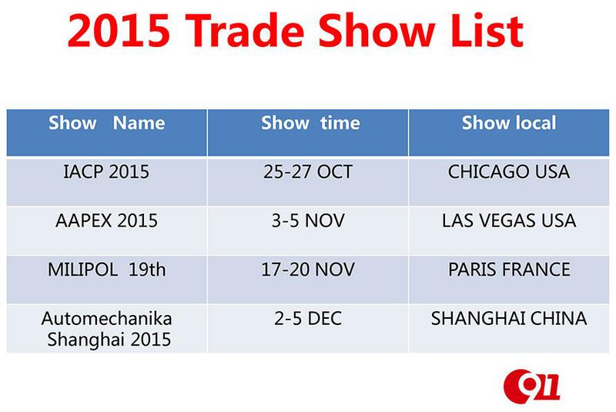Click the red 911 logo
tap(531, 387)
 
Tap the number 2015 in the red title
tap(119, 31)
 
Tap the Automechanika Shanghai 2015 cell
tap(106, 329)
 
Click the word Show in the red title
tap(377, 31)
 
